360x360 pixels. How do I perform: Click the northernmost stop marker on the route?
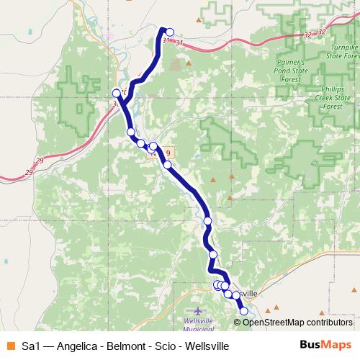pos(170,32)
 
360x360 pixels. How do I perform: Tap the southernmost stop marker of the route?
pos(243,311)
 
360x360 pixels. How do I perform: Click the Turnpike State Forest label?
pos(341,49)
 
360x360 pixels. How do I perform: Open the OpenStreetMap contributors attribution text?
pos(297,322)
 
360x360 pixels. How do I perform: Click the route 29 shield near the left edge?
pos(30,172)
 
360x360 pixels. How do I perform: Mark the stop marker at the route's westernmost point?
pos(117,93)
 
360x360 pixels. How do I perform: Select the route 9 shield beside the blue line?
pos(168,153)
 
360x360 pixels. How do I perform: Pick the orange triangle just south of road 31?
pos(189,63)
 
